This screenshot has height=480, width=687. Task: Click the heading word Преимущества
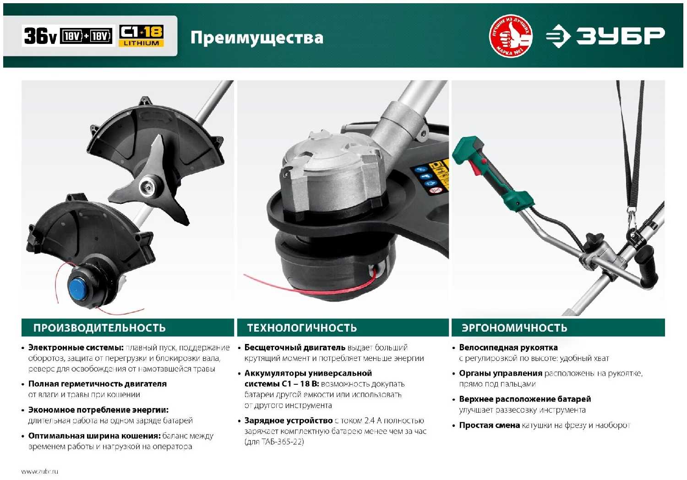[x=256, y=38]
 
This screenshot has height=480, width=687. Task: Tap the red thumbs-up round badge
[x=511, y=36]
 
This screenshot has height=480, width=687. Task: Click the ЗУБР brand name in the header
[x=621, y=36]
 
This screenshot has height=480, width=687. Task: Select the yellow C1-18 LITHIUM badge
[x=141, y=36]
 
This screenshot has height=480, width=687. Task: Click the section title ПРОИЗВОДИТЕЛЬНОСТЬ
[x=99, y=327]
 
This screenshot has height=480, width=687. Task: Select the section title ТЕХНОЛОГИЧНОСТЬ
[x=302, y=327]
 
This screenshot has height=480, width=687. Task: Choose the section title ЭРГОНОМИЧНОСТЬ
[x=514, y=327]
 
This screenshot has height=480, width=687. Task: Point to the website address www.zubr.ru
[x=39, y=471]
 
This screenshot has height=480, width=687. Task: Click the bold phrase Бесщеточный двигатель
[x=295, y=348]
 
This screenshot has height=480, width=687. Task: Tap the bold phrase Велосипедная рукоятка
[x=508, y=348]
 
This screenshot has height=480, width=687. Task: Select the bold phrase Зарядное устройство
[x=288, y=420]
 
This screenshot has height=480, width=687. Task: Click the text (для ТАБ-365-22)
[x=274, y=442]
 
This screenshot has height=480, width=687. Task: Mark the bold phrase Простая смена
[x=489, y=425]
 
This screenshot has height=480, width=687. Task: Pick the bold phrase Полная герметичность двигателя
[x=97, y=384]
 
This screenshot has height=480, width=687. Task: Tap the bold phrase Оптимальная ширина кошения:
[x=94, y=436]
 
